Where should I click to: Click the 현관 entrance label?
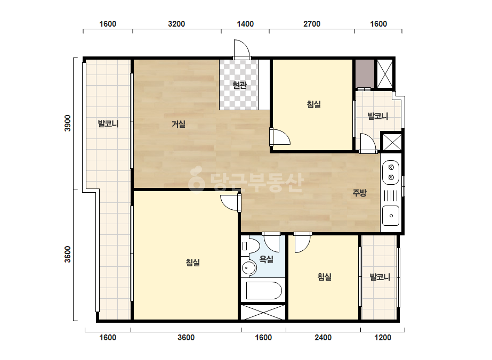click(x=239, y=85)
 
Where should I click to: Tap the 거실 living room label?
click(x=178, y=124)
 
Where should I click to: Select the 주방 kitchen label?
click(x=359, y=193)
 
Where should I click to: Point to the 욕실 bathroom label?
click(x=266, y=259)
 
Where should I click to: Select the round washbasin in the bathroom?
click(x=249, y=268)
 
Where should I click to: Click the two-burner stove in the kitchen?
click(x=391, y=173)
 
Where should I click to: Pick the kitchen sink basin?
click(x=391, y=216)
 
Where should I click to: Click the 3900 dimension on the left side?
click(x=68, y=123)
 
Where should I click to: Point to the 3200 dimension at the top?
click(x=176, y=24)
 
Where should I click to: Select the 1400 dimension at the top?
click(x=245, y=24)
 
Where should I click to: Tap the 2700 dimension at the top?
click(x=312, y=24)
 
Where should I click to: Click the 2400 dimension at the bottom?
click(x=323, y=338)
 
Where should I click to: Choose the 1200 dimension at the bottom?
click(x=383, y=338)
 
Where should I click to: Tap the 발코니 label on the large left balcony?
click(x=108, y=124)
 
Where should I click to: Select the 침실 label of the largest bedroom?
click(x=192, y=262)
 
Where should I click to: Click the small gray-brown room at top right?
click(x=365, y=73)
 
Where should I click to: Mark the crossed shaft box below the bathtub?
click(x=263, y=312)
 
